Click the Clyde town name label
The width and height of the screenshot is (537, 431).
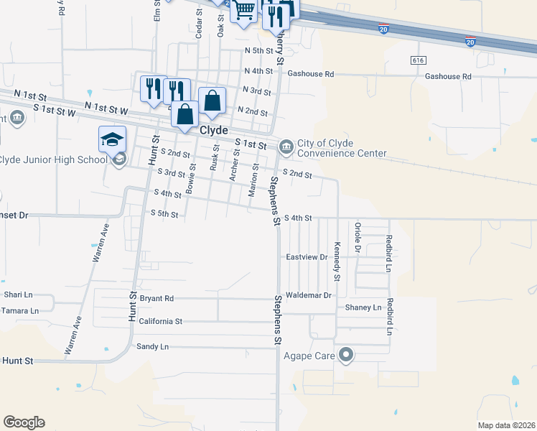pyautogui.click(x=213, y=131)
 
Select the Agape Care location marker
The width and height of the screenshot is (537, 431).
pyautogui.click(x=346, y=354)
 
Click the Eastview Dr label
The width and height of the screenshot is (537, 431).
pyautogui.click(x=307, y=256)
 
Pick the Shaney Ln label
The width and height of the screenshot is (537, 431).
pyautogui.click(x=363, y=307)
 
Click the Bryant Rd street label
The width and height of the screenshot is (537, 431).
pyautogui.click(x=157, y=298)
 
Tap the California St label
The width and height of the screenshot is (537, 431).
pyautogui.click(x=161, y=322)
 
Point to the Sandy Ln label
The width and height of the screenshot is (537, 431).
pyautogui.click(x=152, y=346)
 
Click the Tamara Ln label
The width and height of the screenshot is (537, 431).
pyautogui.click(x=19, y=310)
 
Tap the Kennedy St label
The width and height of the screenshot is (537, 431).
pyautogui.click(x=336, y=261)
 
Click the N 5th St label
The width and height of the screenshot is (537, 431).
pyautogui.click(x=258, y=51)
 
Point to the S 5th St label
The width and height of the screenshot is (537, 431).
pyautogui.click(x=164, y=213)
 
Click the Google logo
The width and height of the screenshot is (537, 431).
pyautogui.click(x=24, y=422)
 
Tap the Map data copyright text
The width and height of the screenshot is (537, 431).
pyautogui.click(x=507, y=425)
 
